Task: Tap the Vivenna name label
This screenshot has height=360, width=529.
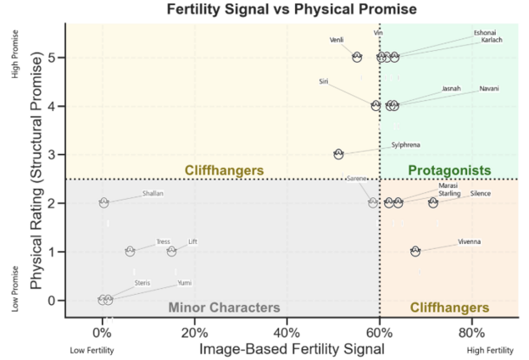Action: (469, 241)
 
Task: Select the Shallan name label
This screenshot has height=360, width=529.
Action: (153, 193)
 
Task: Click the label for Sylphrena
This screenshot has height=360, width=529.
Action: (405, 145)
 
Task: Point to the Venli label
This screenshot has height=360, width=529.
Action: (337, 40)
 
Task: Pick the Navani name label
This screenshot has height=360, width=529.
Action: (489, 88)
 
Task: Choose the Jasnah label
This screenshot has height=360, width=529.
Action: (452, 88)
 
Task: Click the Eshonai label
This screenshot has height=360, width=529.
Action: (486, 33)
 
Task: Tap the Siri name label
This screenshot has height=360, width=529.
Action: (323, 81)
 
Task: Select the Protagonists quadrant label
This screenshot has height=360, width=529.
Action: (449, 170)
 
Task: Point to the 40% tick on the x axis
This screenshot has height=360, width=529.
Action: (287, 331)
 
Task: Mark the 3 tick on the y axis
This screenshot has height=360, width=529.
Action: (55, 154)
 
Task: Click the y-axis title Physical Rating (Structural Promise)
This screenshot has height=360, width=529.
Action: (38, 173)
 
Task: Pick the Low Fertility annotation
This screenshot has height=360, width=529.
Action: (87, 350)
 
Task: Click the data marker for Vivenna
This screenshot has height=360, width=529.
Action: (415, 251)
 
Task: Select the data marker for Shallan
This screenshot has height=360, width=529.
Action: (103, 202)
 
